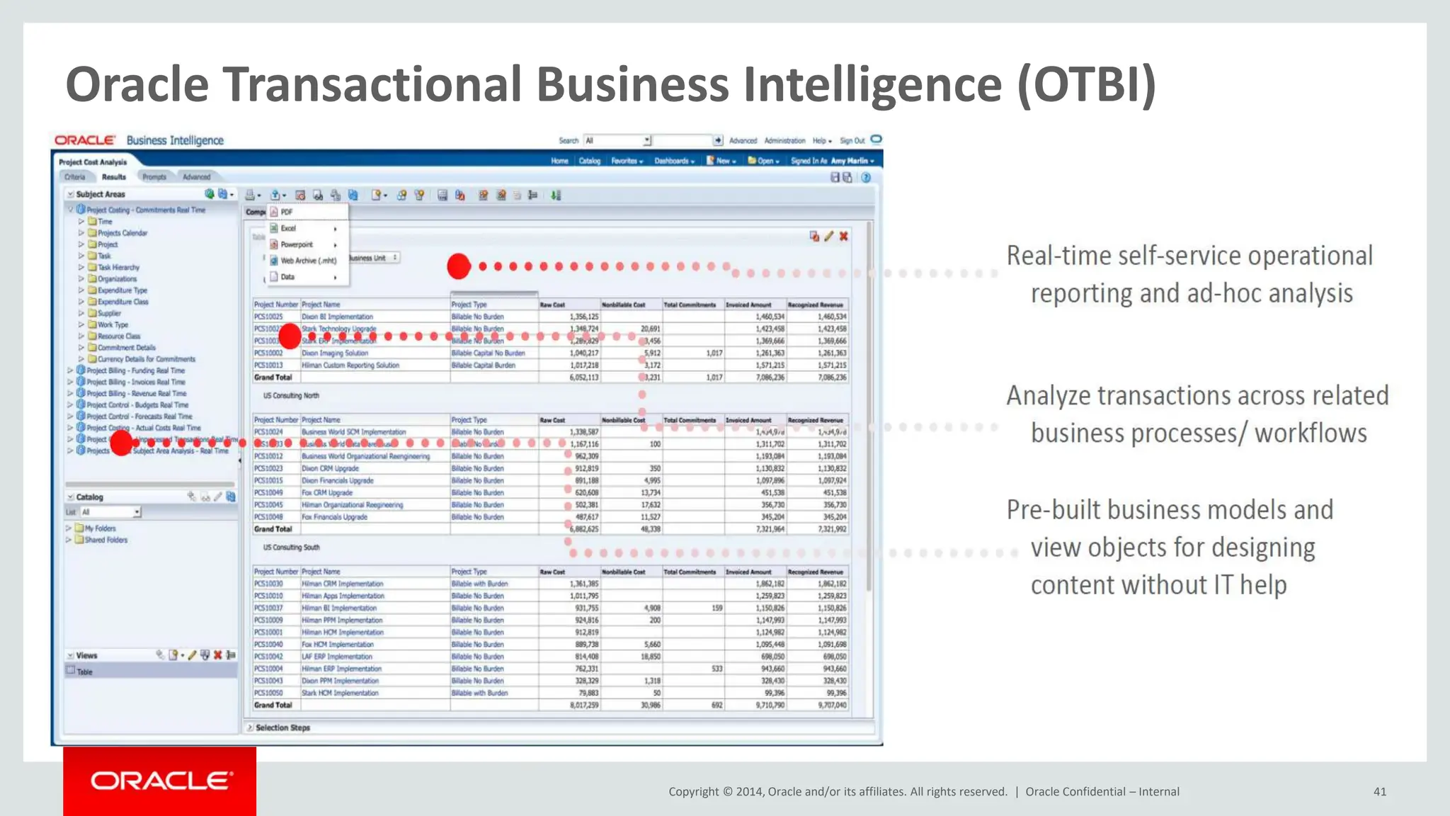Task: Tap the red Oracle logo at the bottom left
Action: click(x=160, y=781)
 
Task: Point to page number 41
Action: click(x=1379, y=792)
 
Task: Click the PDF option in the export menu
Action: click(x=286, y=212)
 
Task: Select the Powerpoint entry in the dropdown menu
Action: click(x=297, y=244)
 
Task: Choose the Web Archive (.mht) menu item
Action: click(x=308, y=261)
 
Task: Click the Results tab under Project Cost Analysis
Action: click(x=113, y=177)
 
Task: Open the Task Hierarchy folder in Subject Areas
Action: click(x=118, y=268)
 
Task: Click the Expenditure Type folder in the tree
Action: click(x=122, y=290)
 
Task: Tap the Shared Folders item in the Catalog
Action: click(x=105, y=540)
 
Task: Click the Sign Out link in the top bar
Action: click(x=852, y=141)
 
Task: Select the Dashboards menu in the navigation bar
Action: click(x=673, y=161)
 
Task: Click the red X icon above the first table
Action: click(x=843, y=237)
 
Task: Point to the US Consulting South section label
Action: click(x=291, y=548)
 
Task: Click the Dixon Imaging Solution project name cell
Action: click(x=335, y=353)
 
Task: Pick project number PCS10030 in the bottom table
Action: click(x=268, y=584)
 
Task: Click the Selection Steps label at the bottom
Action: click(x=282, y=728)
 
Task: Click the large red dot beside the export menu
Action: click(x=459, y=266)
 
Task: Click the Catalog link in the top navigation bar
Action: click(x=589, y=161)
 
